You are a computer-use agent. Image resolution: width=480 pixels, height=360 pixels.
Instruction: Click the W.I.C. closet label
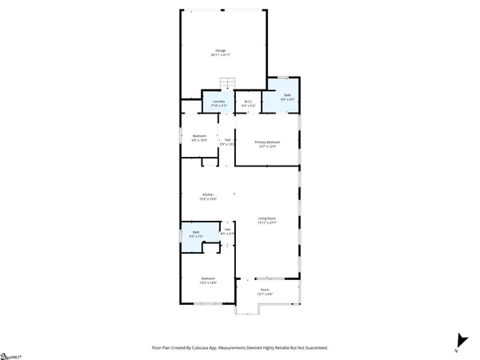pos(248,102)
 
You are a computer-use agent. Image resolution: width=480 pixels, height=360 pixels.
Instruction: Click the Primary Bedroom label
pos(266,142)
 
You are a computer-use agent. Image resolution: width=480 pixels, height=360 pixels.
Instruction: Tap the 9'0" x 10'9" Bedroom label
pos(200,136)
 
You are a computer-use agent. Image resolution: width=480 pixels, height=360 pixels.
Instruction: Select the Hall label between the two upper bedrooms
pos(228,141)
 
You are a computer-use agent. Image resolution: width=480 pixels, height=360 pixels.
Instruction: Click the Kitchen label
pos(207,195)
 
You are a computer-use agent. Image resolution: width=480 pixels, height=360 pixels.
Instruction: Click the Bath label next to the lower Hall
pos(195,233)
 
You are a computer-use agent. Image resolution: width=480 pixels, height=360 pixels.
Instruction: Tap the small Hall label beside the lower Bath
pos(227,230)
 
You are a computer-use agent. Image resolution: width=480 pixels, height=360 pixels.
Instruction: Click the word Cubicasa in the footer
pos(216,348)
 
